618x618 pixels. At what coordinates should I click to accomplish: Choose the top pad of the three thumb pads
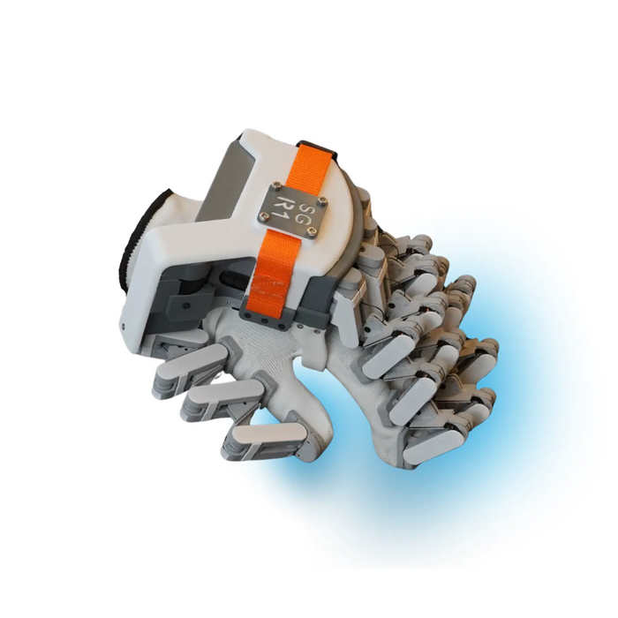point(181,366)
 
